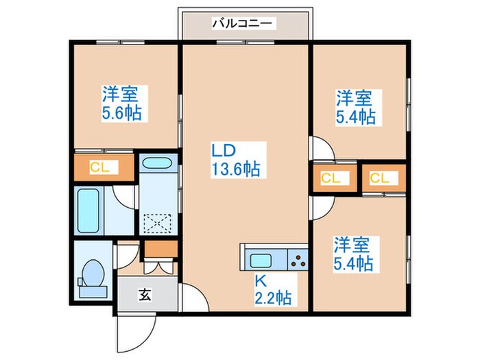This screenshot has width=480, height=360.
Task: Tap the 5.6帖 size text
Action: pyautogui.click(x=122, y=112)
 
